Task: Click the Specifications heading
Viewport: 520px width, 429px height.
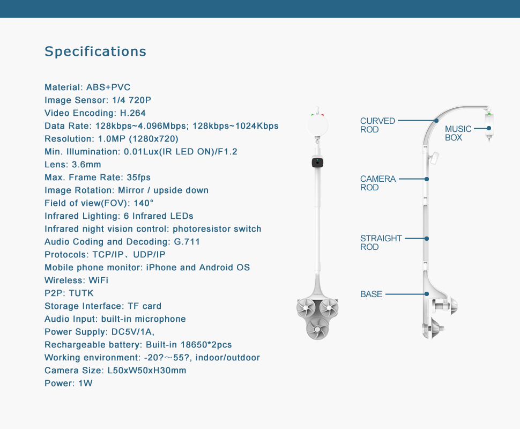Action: point(95,51)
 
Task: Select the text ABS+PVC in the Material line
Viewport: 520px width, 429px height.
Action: point(108,87)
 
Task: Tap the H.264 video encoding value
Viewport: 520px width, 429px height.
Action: point(132,113)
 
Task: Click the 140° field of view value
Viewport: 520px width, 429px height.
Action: point(144,203)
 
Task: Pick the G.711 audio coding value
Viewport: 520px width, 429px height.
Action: point(187,241)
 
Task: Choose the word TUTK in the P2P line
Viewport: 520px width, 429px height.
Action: point(81,293)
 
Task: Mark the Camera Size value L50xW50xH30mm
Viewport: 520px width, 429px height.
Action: point(147,370)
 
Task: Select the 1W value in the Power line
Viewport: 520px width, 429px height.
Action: point(85,383)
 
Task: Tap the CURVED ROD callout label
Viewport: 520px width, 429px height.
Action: point(378,125)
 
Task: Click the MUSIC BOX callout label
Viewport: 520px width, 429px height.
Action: point(458,133)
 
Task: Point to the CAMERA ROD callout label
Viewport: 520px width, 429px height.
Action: point(378,183)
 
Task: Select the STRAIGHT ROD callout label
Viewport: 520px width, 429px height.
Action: point(381,242)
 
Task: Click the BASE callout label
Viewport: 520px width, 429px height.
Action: point(371,294)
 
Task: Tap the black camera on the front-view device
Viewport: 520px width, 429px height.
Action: point(317,162)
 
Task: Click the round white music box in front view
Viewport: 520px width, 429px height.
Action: point(317,125)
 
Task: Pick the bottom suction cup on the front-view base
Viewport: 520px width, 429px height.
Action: point(317,329)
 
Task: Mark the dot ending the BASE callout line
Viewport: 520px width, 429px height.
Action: point(427,294)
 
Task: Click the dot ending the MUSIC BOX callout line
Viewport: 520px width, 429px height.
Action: point(489,128)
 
